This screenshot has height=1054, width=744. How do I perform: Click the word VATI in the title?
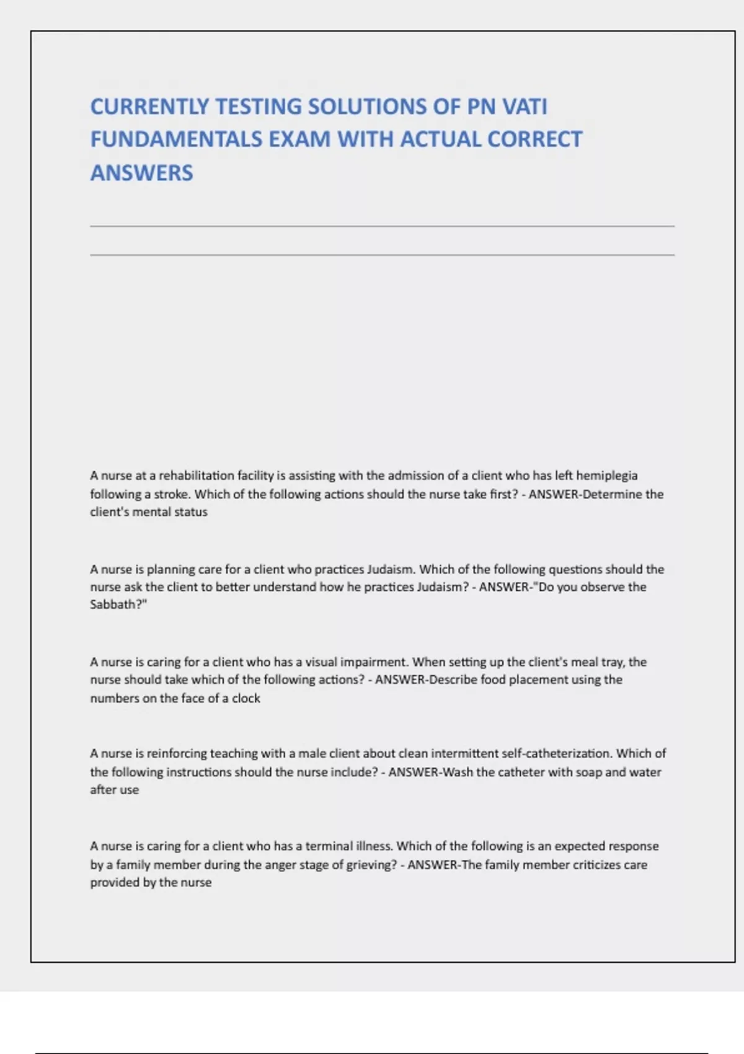[525, 107]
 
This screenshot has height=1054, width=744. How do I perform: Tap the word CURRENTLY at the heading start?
[149, 107]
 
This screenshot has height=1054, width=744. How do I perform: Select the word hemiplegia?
[606, 476]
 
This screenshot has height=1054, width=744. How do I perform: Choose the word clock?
[246, 698]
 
